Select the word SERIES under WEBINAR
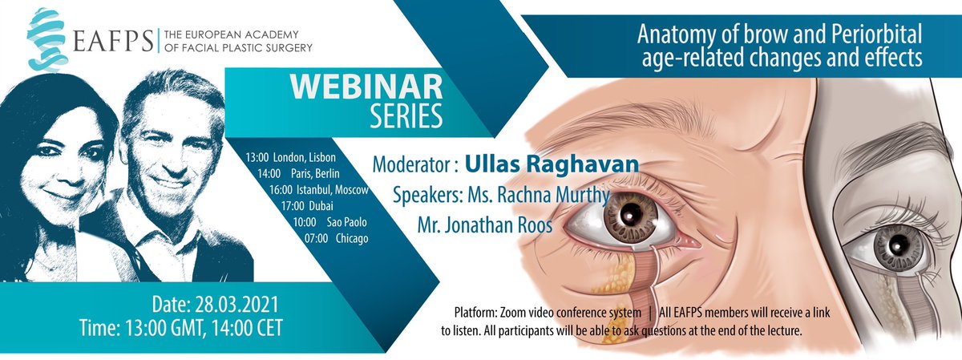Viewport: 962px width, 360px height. click(406, 115)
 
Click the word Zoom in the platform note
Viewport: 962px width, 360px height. click(529, 312)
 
